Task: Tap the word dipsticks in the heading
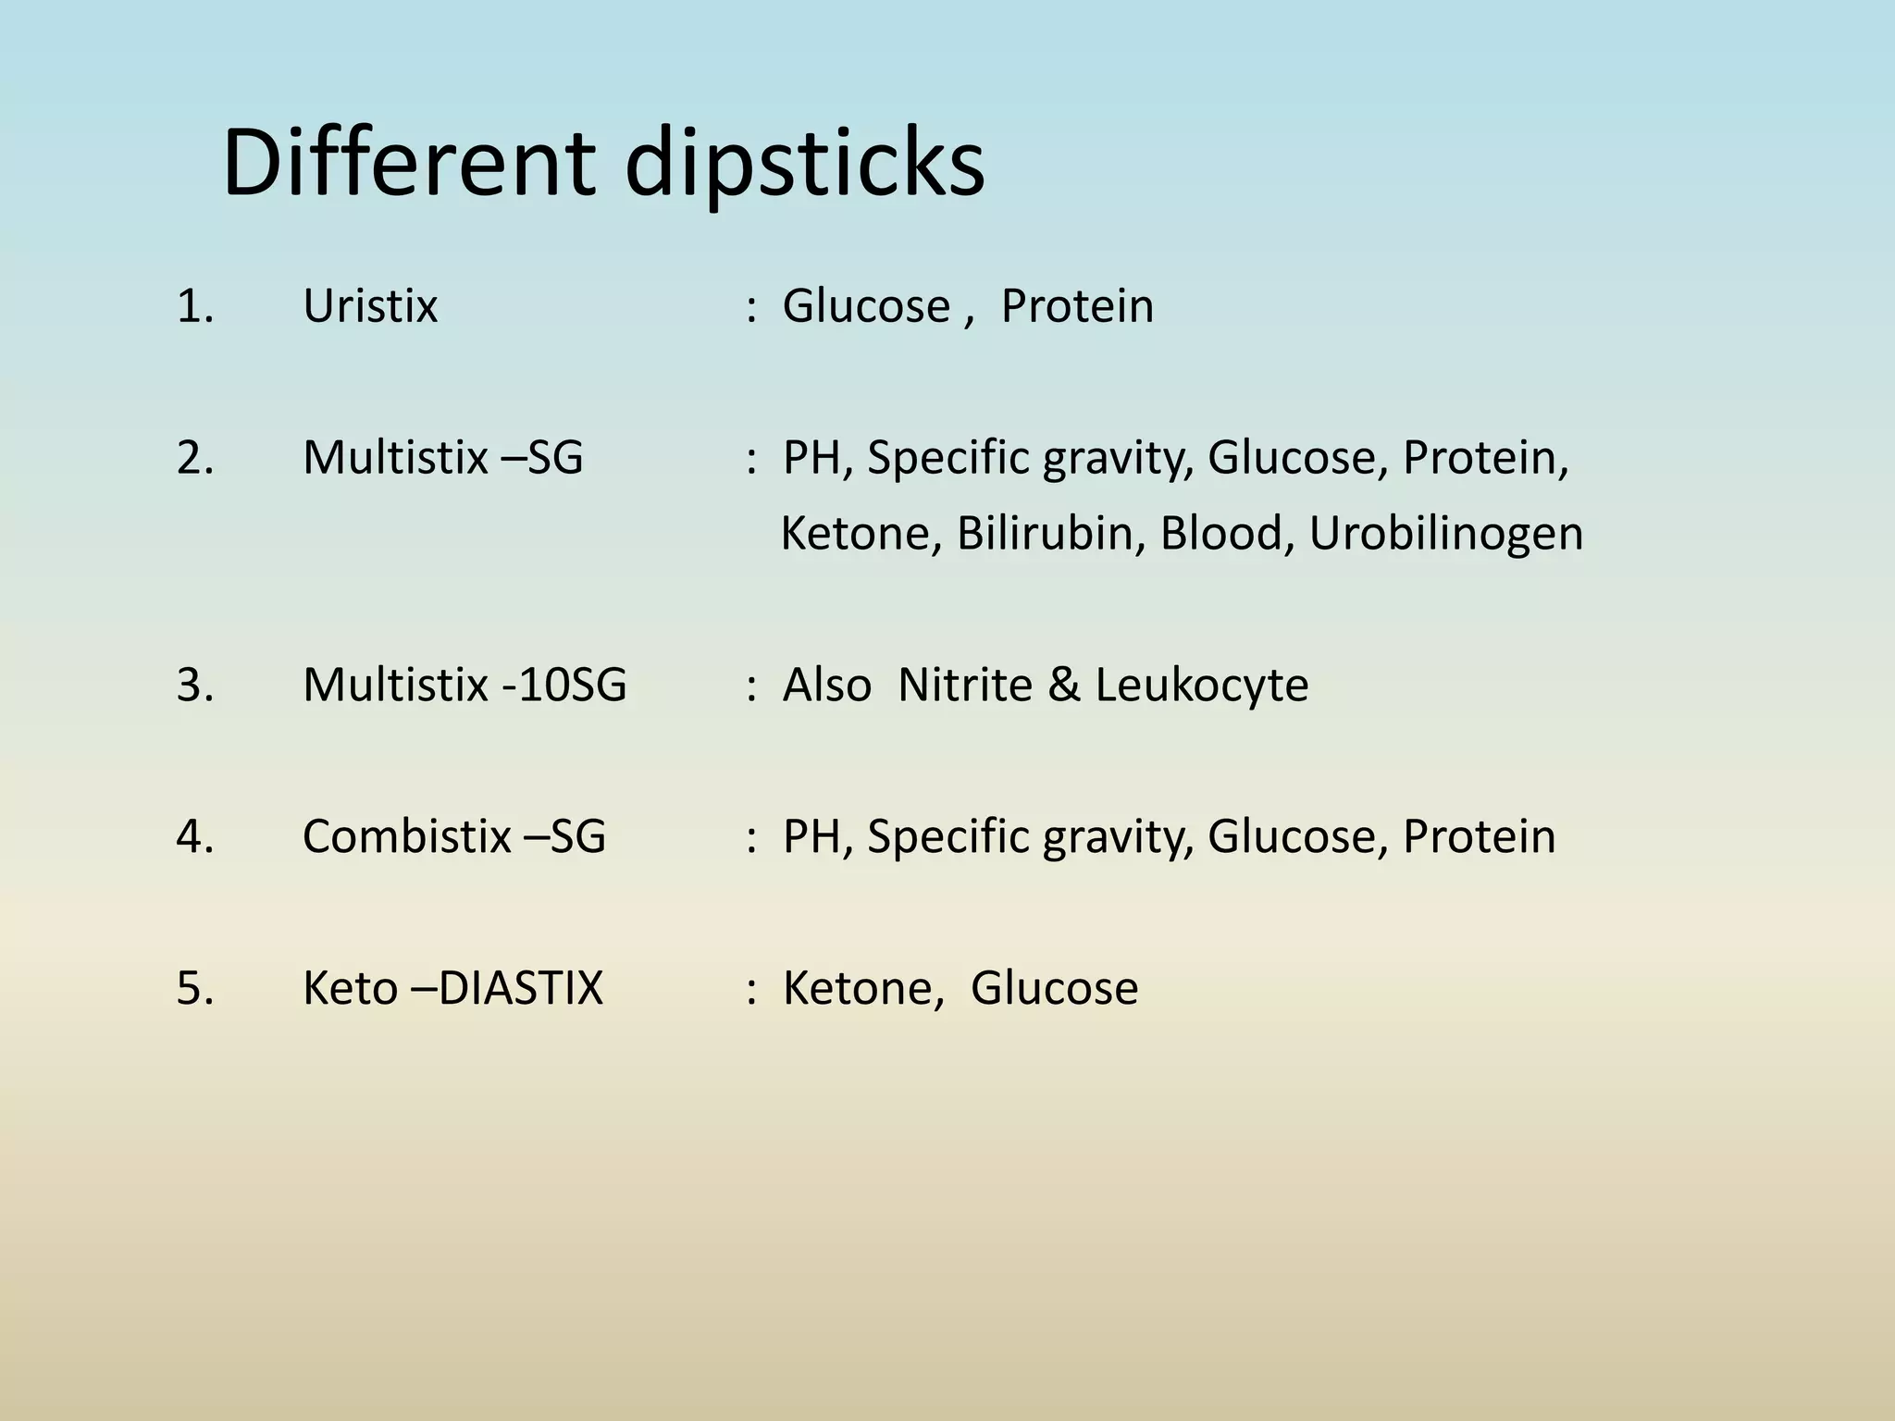pyautogui.click(x=804, y=167)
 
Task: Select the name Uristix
pyautogui.click(x=370, y=306)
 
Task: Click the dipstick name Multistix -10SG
pyautogui.click(x=464, y=686)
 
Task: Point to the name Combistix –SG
pyautogui.click(x=453, y=836)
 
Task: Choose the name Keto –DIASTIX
pyautogui.click(x=452, y=988)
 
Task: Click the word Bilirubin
pyautogui.click(x=1046, y=534)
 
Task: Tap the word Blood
pyautogui.click(x=1220, y=534)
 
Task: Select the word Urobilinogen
pyautogui.click(x=1445, y=535)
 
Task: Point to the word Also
pyautogui.click(x=826, y=686)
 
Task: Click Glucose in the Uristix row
pyautogui.click(x=866, y=306)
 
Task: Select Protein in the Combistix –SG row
pyautogui.click(x=1479, y=836)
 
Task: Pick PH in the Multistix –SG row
pyautogui.click(x=811, y=458)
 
